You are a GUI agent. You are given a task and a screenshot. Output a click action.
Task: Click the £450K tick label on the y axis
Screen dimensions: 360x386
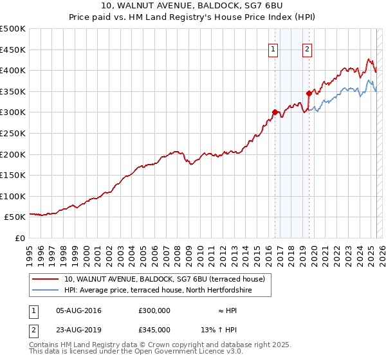(13, 50)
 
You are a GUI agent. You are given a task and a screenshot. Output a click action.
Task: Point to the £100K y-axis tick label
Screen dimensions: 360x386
(13, 196)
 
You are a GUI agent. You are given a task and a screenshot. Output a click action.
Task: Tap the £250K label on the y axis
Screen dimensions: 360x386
(13, 133)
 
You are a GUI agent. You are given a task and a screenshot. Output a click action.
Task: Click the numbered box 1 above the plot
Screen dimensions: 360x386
(273, 50)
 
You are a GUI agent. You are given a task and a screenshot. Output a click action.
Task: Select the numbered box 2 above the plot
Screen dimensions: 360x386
(307, 50)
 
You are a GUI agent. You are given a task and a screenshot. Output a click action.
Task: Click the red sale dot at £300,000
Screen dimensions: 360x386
(275, 113)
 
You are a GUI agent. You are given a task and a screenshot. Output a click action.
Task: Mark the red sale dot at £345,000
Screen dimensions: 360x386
(309, 94)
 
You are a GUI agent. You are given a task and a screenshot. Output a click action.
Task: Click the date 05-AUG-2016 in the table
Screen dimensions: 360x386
(78, 310)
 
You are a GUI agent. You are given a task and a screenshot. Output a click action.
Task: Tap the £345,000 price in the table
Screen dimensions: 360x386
(154, 329)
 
